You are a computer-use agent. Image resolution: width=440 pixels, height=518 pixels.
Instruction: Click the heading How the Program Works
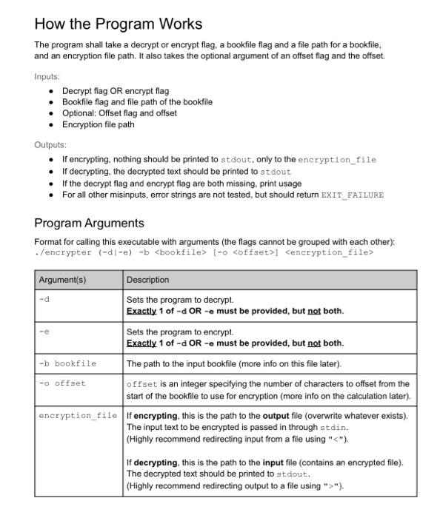click(x=118, y=24)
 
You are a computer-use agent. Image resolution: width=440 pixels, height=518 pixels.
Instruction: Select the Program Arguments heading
click(x=89, y=223)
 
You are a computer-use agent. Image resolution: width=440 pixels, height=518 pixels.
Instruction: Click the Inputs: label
click(x=47, y=76)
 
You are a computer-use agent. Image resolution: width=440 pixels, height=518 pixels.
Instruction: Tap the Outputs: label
click(x=50, y=145)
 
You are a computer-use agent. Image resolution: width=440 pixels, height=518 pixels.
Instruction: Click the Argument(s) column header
click(x=62, y=280)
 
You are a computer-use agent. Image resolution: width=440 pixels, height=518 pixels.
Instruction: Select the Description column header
click(x=147, y=280)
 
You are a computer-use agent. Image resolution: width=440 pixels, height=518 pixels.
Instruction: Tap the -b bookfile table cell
click(x=67, y=363)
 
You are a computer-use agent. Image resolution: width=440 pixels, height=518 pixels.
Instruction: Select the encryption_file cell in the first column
click(x=78, y=415)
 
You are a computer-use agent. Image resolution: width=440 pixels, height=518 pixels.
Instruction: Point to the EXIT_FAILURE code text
click(x=352, y=195)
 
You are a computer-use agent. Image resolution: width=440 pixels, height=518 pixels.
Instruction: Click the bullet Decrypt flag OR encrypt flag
click(x=115, y=91)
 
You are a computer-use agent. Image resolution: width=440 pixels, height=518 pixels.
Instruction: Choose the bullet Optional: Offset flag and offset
click(x=119, y=113)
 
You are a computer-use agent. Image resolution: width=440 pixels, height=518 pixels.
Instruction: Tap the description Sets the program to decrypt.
click(x=180, y=300)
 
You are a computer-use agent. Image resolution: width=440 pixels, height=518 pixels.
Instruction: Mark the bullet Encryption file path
click(x=98, y=124)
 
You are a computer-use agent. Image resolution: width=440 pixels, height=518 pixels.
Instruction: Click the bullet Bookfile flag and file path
click(x=137, y=102)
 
